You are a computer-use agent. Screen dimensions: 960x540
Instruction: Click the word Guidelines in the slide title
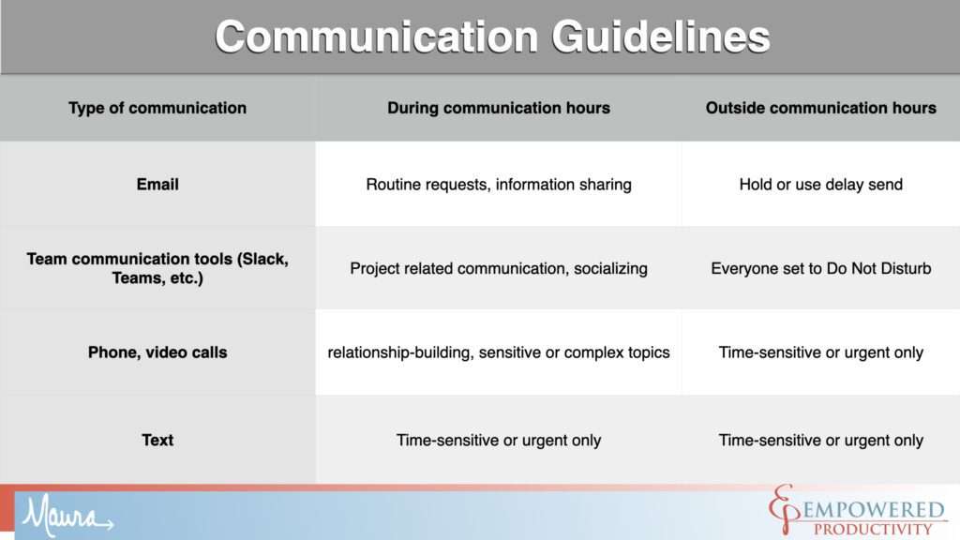coord(660,37)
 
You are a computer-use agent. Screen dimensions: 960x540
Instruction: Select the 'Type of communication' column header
coord(157,108)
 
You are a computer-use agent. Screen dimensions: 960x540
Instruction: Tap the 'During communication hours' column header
coord(499,108)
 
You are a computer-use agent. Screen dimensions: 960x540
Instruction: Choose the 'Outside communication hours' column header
coord(820,108)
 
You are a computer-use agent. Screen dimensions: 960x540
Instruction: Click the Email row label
coord(157,185)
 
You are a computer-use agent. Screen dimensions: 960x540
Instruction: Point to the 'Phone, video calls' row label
coord(157,352)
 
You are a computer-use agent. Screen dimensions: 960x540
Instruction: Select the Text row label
coord(157,440)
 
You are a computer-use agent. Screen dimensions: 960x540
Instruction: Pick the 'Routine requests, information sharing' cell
coord(499,185)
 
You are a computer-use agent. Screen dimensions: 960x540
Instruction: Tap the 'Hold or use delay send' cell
coord(820,185)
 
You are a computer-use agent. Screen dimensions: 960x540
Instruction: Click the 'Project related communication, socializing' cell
coord(499,268)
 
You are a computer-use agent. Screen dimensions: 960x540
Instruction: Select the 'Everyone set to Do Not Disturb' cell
coord(820,268)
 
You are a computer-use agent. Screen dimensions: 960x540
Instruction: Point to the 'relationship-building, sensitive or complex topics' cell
coord(499,352)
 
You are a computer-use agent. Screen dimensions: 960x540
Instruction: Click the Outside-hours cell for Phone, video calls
coord(820,352)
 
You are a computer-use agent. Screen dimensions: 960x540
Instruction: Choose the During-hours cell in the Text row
coord(499,440)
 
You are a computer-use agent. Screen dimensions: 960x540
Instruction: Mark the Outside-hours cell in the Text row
coord(820,440)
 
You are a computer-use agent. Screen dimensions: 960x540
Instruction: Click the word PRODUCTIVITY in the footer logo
coord(873,529)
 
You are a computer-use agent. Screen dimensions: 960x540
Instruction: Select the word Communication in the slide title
coord(377,37)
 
